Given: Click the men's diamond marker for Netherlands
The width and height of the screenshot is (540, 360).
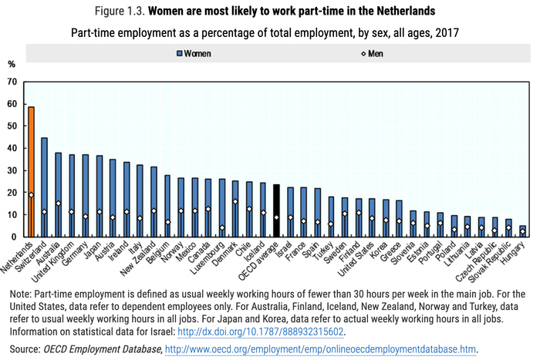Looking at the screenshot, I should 32,195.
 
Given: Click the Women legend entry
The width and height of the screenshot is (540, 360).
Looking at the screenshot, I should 192,53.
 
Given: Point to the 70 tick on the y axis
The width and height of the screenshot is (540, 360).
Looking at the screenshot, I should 12,81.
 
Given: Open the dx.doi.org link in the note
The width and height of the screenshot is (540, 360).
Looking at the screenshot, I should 261,332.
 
